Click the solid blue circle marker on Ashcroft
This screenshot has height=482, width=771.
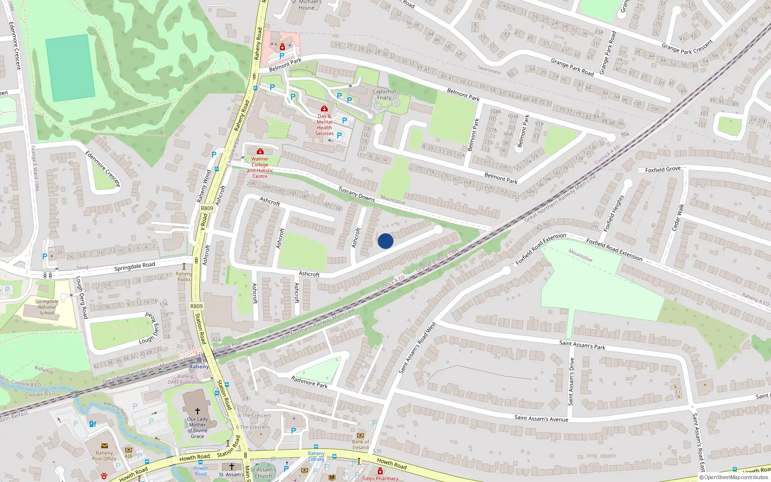pos(385,241)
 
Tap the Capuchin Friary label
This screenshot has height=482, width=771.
pos(384,94)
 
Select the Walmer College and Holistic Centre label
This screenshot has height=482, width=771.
pos(260,167)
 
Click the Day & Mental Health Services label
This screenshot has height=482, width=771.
pos(324,125)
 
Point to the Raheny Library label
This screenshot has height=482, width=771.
pos(316,456)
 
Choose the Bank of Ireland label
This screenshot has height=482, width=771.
pos(360,444)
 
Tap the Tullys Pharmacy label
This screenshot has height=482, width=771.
pos(380,478)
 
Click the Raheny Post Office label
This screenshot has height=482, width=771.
pos(104,455)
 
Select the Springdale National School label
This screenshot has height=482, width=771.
pos(47,307)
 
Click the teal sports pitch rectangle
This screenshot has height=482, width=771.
pos(70,68)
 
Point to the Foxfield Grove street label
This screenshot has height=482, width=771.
pos(663,170)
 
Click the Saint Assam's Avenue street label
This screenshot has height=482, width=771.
pos(541,418)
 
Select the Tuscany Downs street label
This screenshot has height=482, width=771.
pos(356,194)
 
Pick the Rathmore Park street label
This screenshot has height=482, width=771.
pos(309,382)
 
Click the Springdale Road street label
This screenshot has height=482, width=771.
pos(134,266)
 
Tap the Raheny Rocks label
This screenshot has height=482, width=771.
pos(184,277)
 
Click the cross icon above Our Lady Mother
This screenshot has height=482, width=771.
pos(197,411)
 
